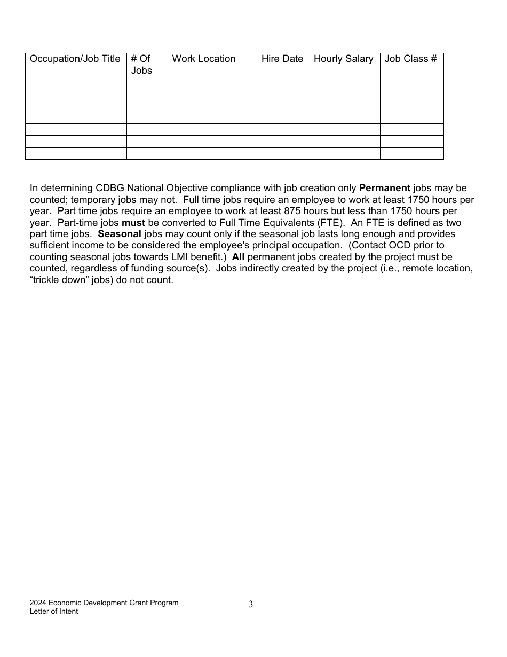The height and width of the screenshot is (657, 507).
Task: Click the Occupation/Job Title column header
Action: click(x=75, y=59)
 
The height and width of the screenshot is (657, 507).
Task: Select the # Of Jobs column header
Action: click(x=141, y=65)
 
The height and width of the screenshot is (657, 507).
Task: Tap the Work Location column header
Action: click(x=204, y=59)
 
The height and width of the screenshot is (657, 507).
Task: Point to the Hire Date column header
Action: click(x=282, y=59)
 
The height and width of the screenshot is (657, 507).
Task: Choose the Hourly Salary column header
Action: click(x=344, y=59)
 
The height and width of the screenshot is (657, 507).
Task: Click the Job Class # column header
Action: click(x=410, y=59)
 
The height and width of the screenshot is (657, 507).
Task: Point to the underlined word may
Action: click(x=175, y=234)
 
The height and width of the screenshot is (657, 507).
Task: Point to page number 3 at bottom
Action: click(x=251, y=605)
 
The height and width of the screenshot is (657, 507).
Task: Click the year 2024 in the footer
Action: click(x=38, y=603)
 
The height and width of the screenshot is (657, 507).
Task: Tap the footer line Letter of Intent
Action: click(x=54, y=612)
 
